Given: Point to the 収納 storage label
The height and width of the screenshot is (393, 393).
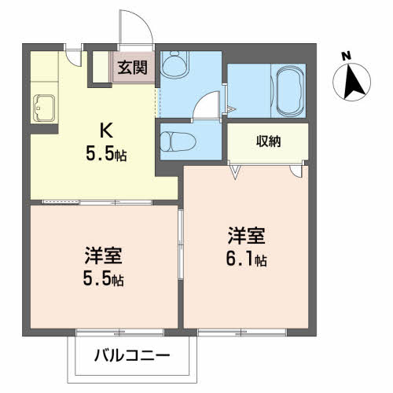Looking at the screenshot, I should (268, 141).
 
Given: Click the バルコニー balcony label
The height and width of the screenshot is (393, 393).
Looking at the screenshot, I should (134, 356).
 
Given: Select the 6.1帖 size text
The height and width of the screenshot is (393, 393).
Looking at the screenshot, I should (248, 259).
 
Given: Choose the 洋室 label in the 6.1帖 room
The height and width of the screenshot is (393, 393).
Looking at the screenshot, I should (246, 235).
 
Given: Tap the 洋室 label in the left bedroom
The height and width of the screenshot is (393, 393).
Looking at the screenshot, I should (103, 255).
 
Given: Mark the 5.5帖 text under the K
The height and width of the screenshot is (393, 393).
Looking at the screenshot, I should (105, 154).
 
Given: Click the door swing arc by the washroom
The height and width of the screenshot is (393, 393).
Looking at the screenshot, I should (206, 105).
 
